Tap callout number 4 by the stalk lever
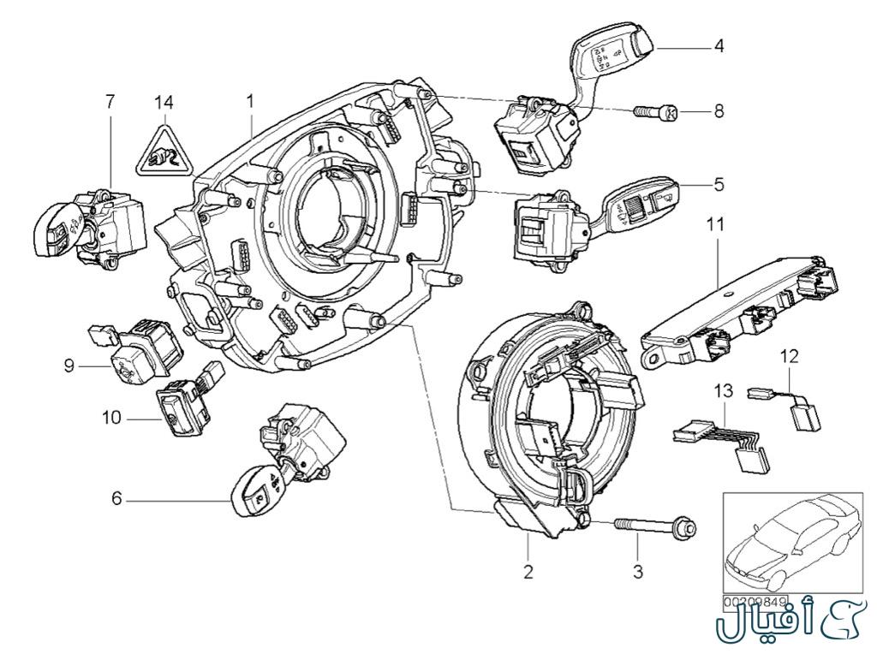[x=719, y=46]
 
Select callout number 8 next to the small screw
[x=719, y=111]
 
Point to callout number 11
[x=715, y=225]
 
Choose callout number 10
[x=110, y=419]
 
